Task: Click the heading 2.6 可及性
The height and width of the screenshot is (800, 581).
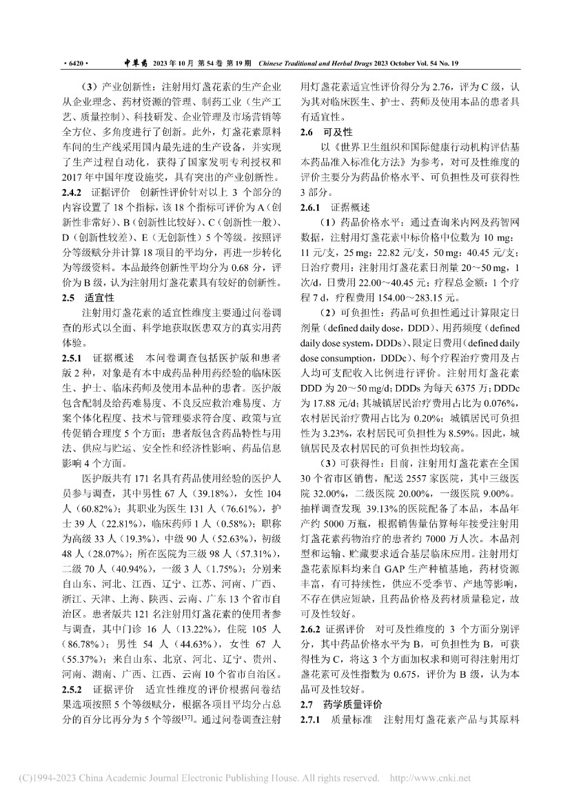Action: (x=320, y=131)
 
